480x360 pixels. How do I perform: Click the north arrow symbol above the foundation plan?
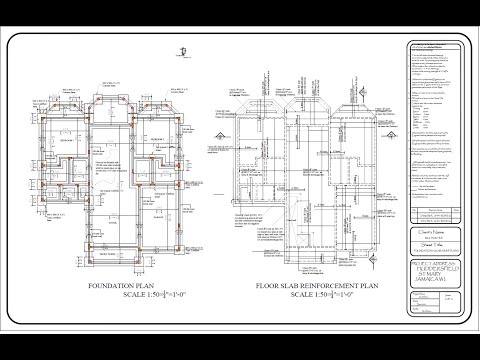pos(181,53)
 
